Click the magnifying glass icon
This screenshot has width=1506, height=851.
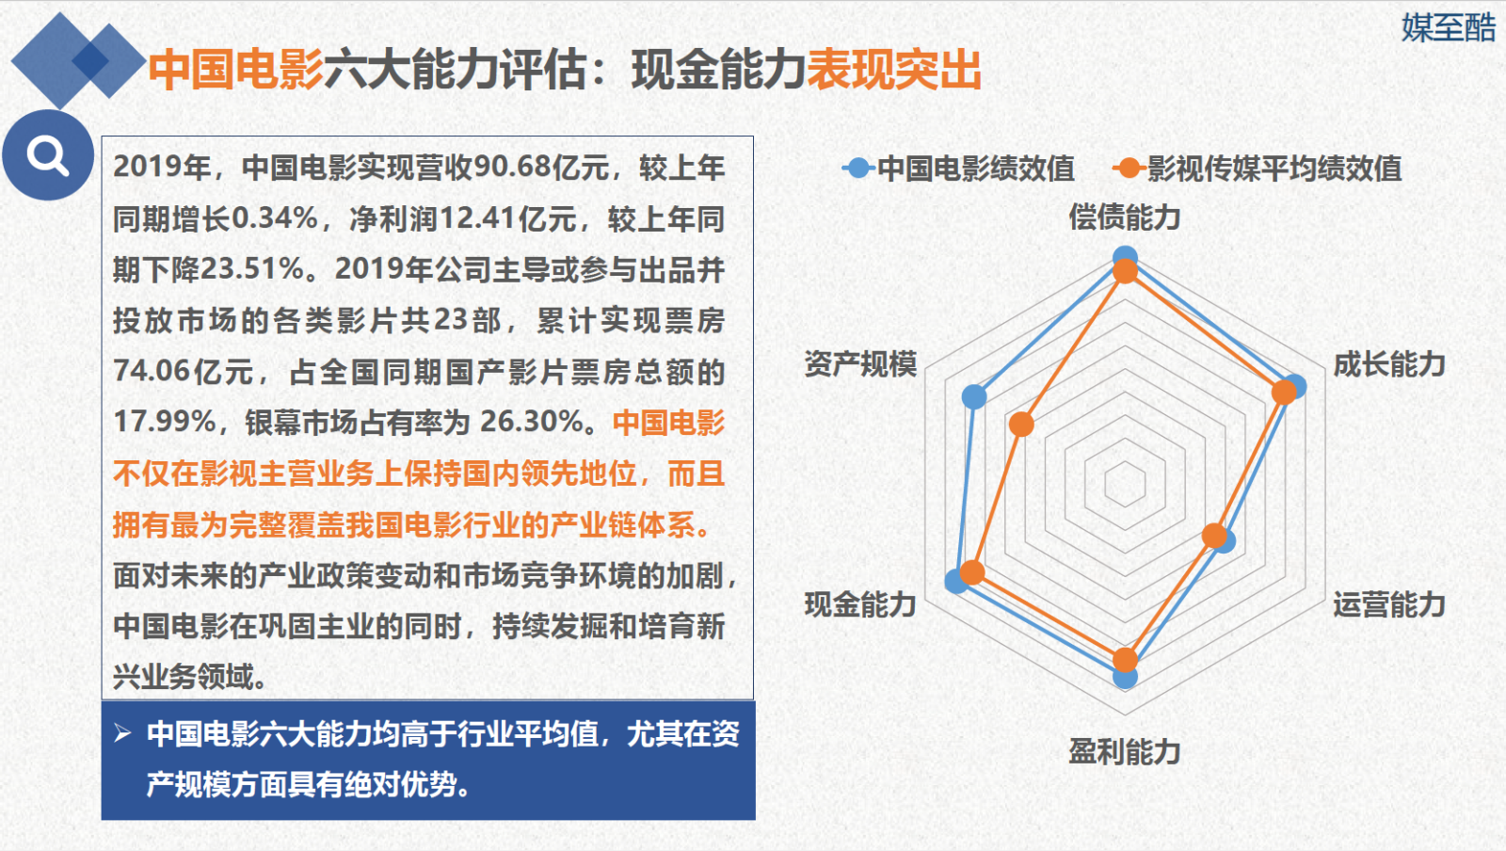(x=47, y=154)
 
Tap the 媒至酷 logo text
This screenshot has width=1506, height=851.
(x=1449, y=27)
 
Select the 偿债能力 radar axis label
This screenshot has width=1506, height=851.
(x=1125, y=217)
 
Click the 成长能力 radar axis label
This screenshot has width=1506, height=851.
(x=1389, y=364)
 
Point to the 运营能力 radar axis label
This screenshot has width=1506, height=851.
(x=1389, y=604)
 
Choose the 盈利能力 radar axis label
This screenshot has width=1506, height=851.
(x=1125, y=751)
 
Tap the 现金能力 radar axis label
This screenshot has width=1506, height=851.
(x=860, y=604)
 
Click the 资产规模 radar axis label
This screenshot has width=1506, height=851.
(x=860, y=364)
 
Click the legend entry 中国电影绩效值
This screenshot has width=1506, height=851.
(x=959, y=169)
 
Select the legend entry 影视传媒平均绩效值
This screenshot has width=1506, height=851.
(x=1258, y=169)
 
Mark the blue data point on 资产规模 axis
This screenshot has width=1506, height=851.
(x=974, y=396)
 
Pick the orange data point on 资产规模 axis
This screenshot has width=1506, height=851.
(x=1022, y=425)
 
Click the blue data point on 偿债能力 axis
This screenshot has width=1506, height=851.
(x=1125, y=257)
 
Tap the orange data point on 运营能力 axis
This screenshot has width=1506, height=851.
(x=1215, y=535)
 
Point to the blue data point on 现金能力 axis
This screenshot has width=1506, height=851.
(x=956, y=581)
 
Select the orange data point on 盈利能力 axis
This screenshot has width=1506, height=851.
(x=1125, y=660)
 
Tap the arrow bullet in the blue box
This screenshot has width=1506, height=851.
(x=122, y=732)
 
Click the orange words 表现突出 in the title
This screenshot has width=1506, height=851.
(x=894, y=70)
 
